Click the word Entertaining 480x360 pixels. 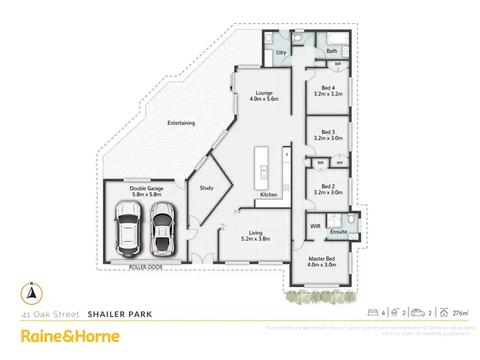[x=181, y=123]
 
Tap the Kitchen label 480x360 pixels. [x=269, y=194]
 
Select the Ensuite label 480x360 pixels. [x=339, y=231]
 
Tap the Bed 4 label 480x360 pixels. [x=327, y=91]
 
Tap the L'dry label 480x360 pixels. [x=280, y=51]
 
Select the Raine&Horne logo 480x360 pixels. [x=70, y=336]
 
